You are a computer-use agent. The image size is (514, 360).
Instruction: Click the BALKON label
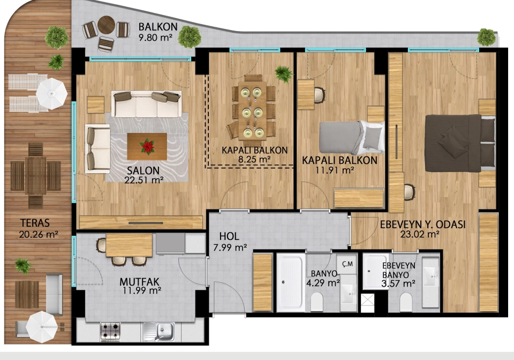click(x=157, y=27)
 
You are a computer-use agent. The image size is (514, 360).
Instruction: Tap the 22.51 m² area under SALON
click(x=144, y=180)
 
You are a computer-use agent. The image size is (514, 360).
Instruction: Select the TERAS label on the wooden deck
click(x=35, y=223)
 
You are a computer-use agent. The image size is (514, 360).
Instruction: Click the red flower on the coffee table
click(x=147, y=146)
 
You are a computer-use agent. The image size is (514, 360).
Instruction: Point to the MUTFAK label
click(x=139, y=282)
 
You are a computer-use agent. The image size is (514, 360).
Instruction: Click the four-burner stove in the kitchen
click(x=110, y=331)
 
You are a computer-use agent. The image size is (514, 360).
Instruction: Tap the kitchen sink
click(x=159, y=331)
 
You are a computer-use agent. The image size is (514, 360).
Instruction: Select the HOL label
click(x=229, y=236)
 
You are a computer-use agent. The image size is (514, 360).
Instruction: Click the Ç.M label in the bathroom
click(x=347, y=264)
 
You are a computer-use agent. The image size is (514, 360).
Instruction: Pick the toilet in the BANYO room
click(x=316, y=302)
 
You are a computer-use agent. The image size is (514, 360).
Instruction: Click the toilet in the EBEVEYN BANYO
click(x=406, y=302)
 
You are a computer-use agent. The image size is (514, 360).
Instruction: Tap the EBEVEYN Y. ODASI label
click(x=422, y=224)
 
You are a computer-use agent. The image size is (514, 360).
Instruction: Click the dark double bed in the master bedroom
click(x=460, y=143)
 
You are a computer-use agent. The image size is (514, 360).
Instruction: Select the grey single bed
click(x=352, y=138)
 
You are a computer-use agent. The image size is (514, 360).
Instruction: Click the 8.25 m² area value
click(x=254, y=159)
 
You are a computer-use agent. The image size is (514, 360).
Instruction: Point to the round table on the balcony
click(x=106, y=25)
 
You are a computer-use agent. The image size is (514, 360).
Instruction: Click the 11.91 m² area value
click(x=335, y=170)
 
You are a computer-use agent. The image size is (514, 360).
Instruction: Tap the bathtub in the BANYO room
click(x=290, y=282)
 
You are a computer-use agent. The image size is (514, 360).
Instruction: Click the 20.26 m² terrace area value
click(x=39, y=235)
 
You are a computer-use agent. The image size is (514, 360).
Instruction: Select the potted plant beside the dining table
click(x=283, y=74)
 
